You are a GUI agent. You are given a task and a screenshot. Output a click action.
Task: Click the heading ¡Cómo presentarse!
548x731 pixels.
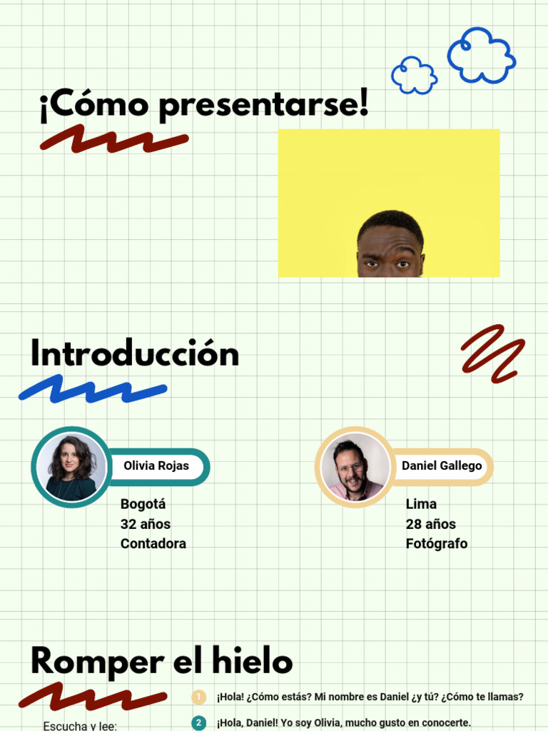[x=204, y=106]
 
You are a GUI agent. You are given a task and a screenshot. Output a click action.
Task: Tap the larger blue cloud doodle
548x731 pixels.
[x=481, y=56]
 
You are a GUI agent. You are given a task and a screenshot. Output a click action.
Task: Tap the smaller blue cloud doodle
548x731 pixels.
[x=414, y=75]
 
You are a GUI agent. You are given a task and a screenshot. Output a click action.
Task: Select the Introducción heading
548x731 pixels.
[x=134, y=354]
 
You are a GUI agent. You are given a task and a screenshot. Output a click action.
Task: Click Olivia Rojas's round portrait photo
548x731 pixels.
[x=71, y=467]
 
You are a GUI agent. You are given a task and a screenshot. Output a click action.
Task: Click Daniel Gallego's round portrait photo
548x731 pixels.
[x=355, y=467]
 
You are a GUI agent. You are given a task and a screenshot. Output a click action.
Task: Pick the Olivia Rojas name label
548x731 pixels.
[x=156, y=466]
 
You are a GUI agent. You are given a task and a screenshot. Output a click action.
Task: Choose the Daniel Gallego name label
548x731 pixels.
[x=442, y=466]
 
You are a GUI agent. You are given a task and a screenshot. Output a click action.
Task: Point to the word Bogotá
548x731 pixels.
[x=143, y=504]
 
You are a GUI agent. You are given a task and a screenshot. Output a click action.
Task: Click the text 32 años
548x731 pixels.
[x=145, y=524]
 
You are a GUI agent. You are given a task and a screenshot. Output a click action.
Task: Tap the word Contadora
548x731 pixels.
[x=153, y=543]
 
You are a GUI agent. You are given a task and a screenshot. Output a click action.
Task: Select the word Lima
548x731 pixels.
[x=421, y=504]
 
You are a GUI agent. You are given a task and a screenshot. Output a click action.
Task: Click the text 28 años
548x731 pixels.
[x=430, y=524]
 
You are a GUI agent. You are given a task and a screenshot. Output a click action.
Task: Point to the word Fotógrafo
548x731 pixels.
[x=436, y=543]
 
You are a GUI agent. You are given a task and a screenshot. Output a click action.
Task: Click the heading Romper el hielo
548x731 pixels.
[x=161, y=661]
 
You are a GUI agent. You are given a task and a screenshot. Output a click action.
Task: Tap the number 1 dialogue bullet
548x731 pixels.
[x=198, y=697]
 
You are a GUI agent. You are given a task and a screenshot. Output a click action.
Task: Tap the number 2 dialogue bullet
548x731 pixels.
[x=198, y=722]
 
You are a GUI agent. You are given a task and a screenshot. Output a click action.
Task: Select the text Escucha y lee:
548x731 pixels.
[x=80, y=726]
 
